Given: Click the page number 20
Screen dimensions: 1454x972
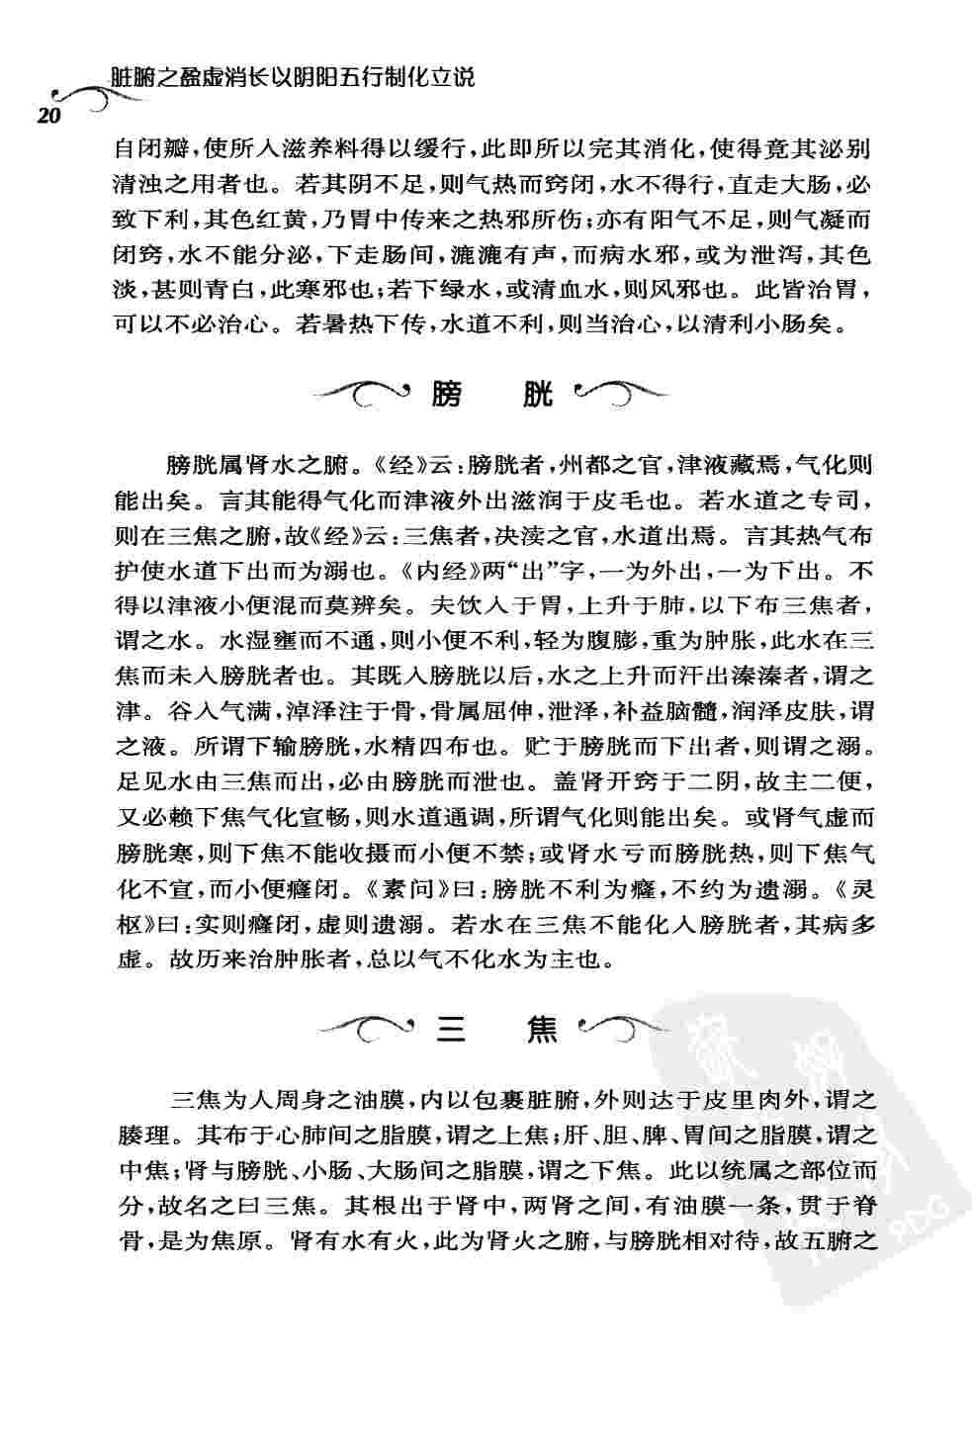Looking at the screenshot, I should click(48, 116).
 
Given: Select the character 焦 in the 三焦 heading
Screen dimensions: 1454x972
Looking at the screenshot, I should click(543, 1033).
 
